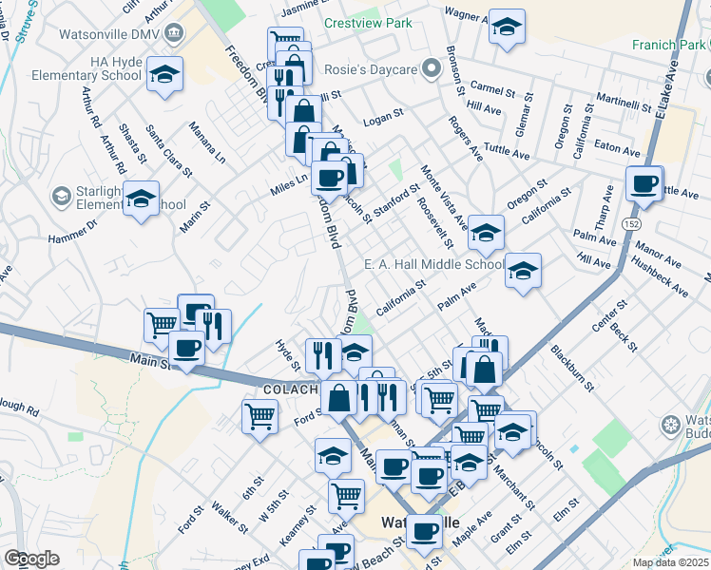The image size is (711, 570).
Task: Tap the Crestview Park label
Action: click(369, 22)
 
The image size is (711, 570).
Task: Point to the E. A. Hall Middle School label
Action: click(434, 265)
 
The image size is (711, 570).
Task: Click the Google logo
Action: click(31, 559)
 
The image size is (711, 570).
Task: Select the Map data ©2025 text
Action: click(670, 562)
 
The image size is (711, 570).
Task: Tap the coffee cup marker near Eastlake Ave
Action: click(644, 183)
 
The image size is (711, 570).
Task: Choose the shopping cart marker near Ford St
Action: click(259, 414)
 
